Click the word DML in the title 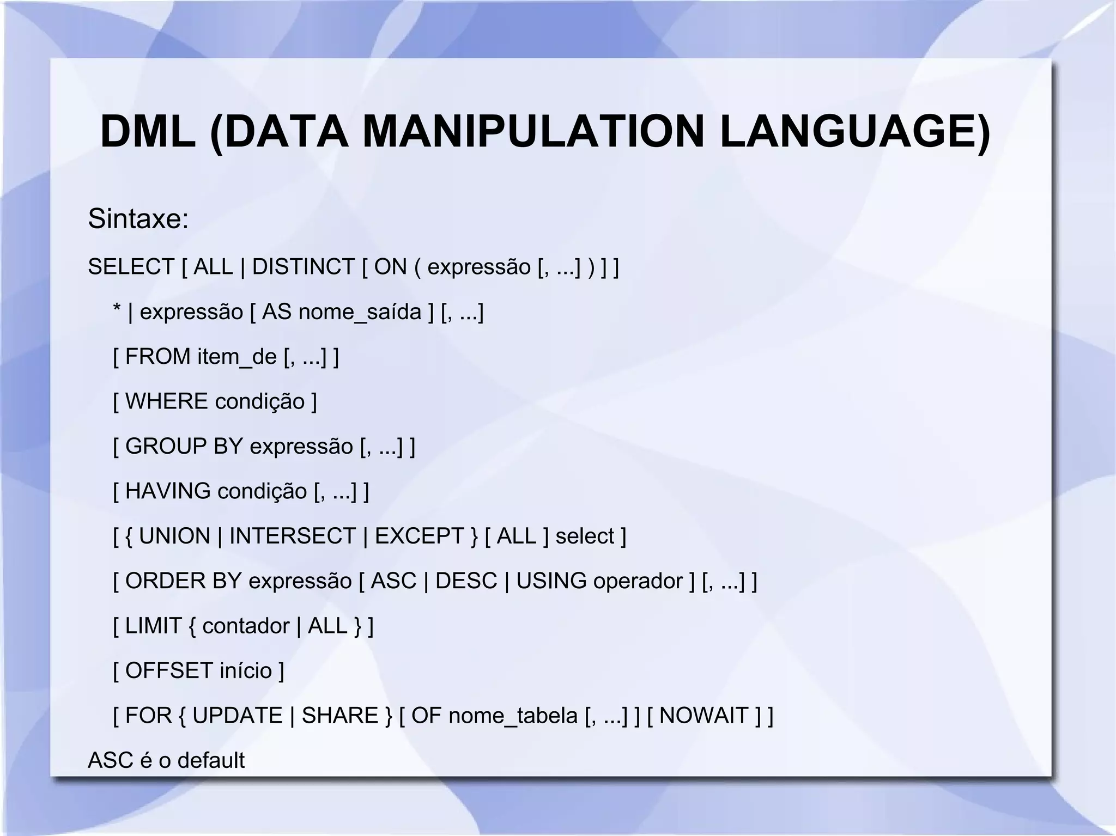[x=148, y=132]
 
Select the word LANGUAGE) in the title [x=854, y=132]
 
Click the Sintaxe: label [x=138, y=219]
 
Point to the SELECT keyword [x=131, y=267]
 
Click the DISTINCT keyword [x=304, y=267]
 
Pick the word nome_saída [x=360, y=312]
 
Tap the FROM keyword [x=158, y=357]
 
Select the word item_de [x=237, y=357]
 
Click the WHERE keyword [x=166, y=401]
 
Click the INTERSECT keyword [x=292, y=536]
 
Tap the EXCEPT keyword [x=419, y=536]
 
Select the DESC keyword [x=466, y=581]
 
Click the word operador [x=638, y=581]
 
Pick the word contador [x=246, y=626]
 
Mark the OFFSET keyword [x=169, y=671]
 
